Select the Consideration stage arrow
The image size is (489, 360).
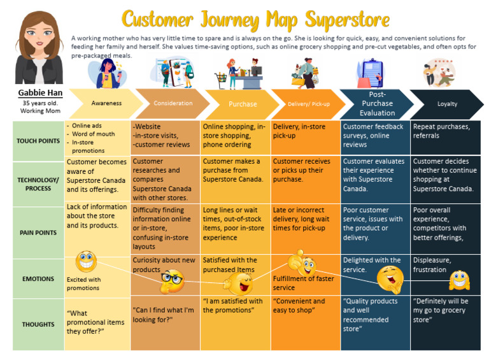point(173,103)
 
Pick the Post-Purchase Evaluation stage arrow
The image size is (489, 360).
point(377,103)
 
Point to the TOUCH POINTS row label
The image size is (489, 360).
point(38,141)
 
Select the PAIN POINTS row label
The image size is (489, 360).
point(38,233)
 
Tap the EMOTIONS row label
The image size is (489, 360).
point(38,278)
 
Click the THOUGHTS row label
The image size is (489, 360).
point(38,324)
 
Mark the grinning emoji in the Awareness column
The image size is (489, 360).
point(86,262)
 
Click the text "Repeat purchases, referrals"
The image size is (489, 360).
point(441,131)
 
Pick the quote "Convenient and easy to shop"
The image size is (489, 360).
point(299,306)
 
